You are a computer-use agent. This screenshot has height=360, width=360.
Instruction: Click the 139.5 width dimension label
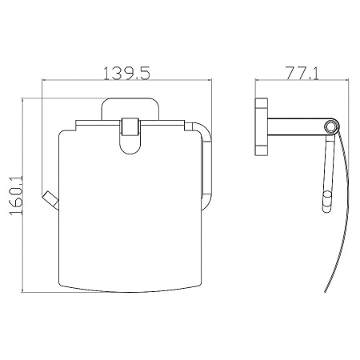click(126, 73)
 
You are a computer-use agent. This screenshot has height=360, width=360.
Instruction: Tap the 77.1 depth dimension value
click(302, 73)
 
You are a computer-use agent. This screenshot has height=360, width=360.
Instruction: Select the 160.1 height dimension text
click(17, 195)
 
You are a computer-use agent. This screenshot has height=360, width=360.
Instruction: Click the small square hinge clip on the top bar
click(130, 126)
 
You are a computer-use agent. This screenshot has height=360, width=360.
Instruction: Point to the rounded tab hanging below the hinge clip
click(130, 146)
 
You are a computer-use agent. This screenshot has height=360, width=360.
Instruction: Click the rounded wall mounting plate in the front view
click(130, 106)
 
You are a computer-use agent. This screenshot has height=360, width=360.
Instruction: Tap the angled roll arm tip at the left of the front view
click(50, 200)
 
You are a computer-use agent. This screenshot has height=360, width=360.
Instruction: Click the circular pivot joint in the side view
click(331, 126)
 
